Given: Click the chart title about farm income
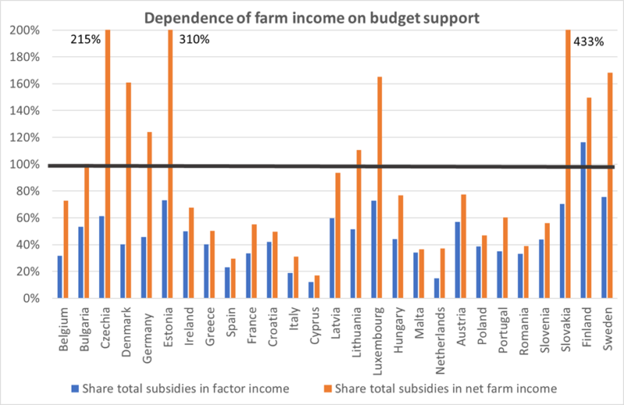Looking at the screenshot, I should (x=312, y=15).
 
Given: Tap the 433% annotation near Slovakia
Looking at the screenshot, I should (x=589, y=42).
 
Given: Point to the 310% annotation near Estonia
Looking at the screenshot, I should (x=194, y=39).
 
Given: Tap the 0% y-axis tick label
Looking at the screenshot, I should (x=34, y=299).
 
